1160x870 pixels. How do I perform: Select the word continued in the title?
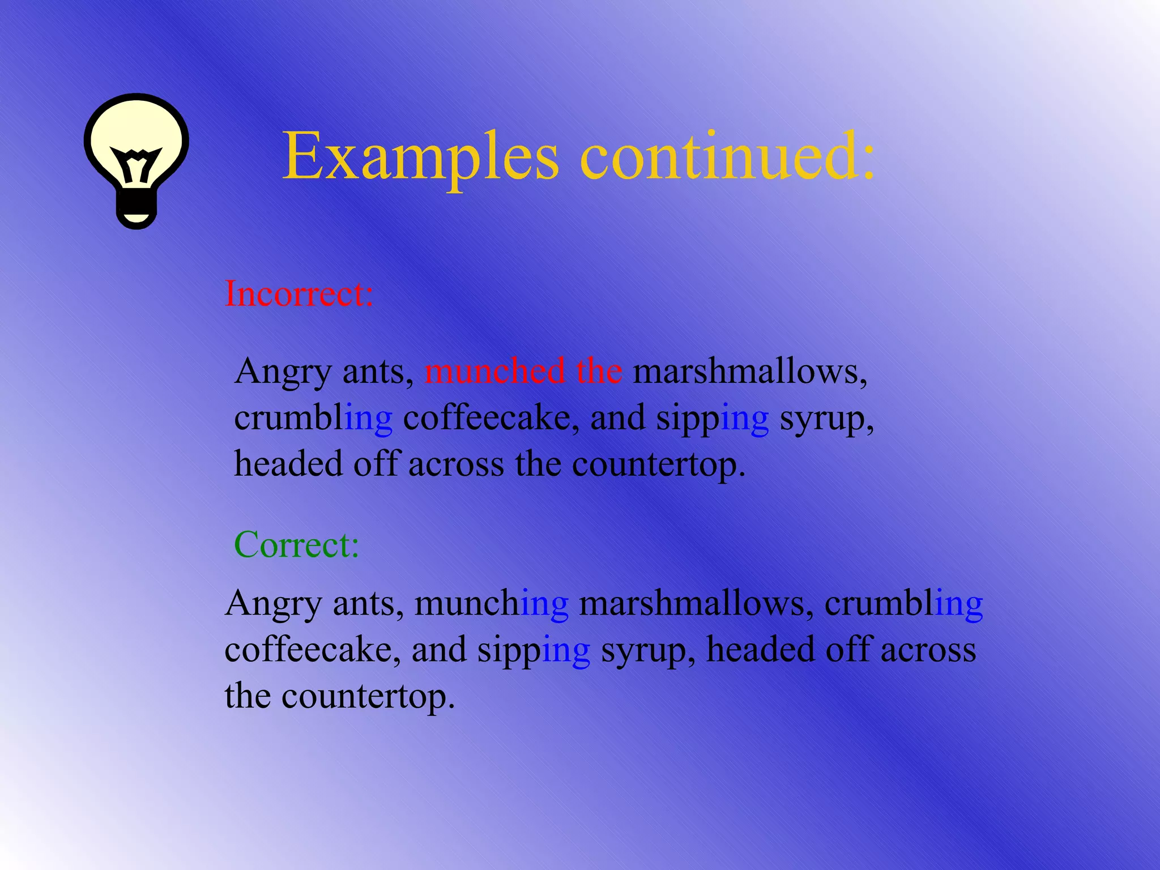pos(727,155)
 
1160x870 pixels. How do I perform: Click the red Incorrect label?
pos(299,294)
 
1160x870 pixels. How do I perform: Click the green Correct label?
pos(297,545)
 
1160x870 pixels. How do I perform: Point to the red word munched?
pos(494,372)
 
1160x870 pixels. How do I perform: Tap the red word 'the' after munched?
pos(599,372)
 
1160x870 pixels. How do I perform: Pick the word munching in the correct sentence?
pos(492,604)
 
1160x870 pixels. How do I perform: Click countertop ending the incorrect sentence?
pos(658,464)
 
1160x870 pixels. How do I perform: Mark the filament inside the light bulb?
pos(136,164)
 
